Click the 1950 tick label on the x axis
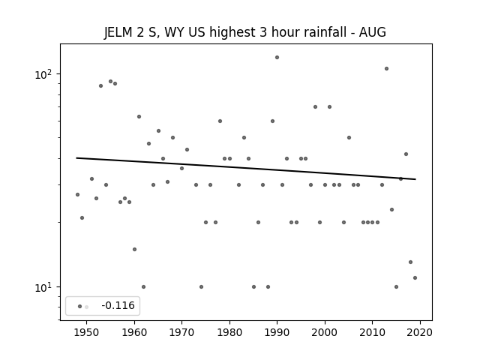point(87,332)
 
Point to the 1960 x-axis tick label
point(134,332)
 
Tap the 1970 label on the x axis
point(181,332)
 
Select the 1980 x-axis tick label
point(229,332)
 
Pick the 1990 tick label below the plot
point(277,332)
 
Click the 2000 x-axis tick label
point(325,332)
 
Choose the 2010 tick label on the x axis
point(372,332)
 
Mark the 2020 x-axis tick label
point(420,332)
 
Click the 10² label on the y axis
point(43,74)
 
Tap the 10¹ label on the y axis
point(43,287)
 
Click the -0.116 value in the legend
point(118,305)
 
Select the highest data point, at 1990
point(277,57)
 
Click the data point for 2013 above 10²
point(387,68)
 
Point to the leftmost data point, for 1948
point(77,194)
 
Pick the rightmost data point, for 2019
point(415,277)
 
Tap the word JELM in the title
point(118,32)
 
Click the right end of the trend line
point(415,179)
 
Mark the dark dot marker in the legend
point(80,306)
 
